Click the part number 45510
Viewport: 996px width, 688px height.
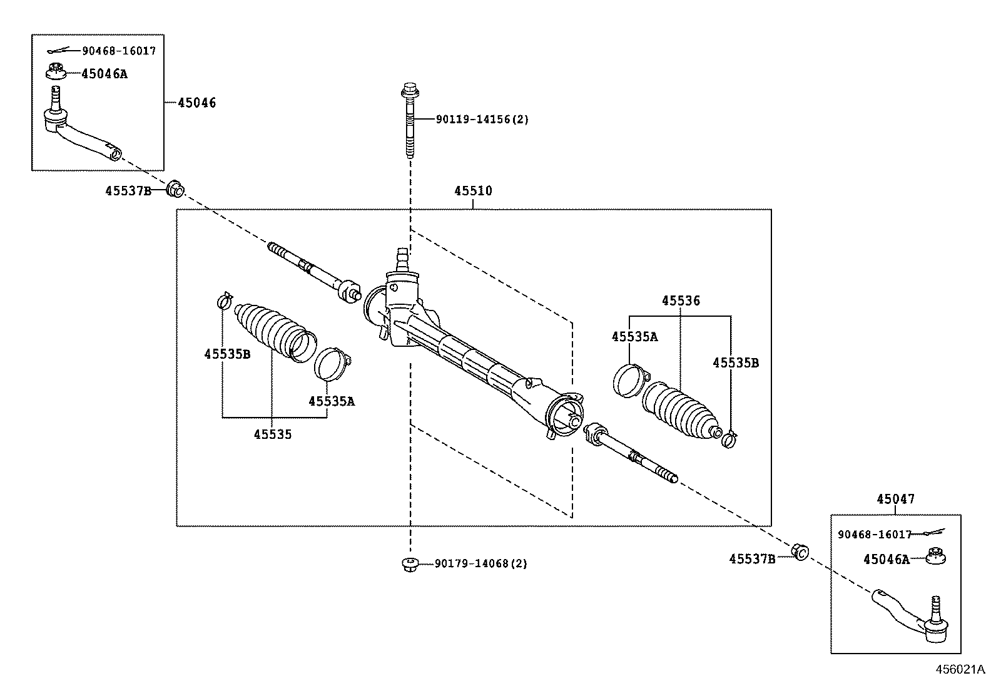point(473,191)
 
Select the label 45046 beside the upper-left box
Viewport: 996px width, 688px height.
point(196,103)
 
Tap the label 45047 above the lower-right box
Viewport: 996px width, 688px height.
point(895,499)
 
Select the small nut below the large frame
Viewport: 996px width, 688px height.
point(409,564)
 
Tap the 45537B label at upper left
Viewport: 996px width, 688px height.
point(128,191)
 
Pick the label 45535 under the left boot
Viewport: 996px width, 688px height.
point(273,434)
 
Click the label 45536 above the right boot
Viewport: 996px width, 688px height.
point(681,301)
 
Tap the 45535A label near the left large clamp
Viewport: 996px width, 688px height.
point(331,401)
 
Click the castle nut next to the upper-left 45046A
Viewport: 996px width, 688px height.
point(56,71)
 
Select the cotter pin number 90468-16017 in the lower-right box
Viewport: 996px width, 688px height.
point(875,534)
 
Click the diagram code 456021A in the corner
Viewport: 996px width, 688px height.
point(960,669)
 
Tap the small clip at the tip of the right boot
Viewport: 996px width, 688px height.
point(729,439)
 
